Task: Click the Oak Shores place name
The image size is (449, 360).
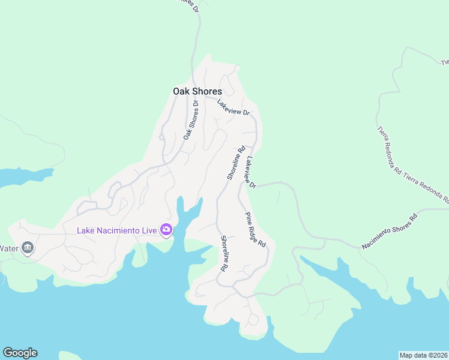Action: point(197,91)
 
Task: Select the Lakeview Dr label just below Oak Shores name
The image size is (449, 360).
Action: point(233,107)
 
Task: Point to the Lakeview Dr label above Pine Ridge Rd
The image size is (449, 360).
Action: point(251,173)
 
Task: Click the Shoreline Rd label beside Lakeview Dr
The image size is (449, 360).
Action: point(237,163)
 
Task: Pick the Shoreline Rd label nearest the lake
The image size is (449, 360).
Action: point(223,253)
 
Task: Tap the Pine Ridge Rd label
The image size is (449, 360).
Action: point(255,230)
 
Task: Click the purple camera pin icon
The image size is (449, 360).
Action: point(166,229)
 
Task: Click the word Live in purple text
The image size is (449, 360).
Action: point(148,230)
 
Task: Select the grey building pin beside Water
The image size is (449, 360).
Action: point(27,248)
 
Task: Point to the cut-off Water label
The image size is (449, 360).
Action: point(8,248)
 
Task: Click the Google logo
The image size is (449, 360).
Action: point(20,353)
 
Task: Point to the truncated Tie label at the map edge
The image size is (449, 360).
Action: point(445,62)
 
